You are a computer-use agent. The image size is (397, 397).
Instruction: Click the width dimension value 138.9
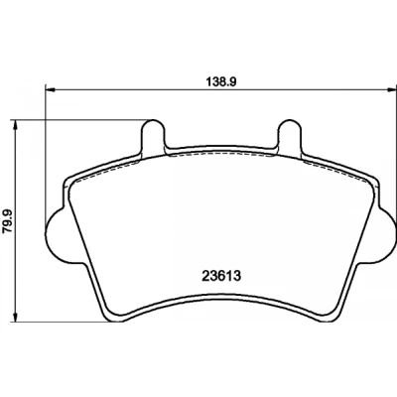pyautogui.click(x=220, y=81)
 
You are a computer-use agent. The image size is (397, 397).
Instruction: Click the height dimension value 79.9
pyautogui.click(x=7, y=220)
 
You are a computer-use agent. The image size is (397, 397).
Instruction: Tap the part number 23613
pyautogui.click(x=221, y=276)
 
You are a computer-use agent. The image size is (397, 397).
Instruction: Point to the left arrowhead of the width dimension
pyautogui.click(x=49, y=88)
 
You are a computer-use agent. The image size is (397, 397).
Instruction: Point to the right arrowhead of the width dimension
pyautogui.click(x=392, y=88)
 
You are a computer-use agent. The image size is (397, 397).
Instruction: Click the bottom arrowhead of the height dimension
pyautogui.click(x=14, y=317)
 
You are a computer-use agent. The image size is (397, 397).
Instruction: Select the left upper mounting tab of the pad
pyautogui.click(x=153, y=135)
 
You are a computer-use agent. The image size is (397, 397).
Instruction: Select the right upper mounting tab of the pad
pyautogui.click(x=290, y=135)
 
